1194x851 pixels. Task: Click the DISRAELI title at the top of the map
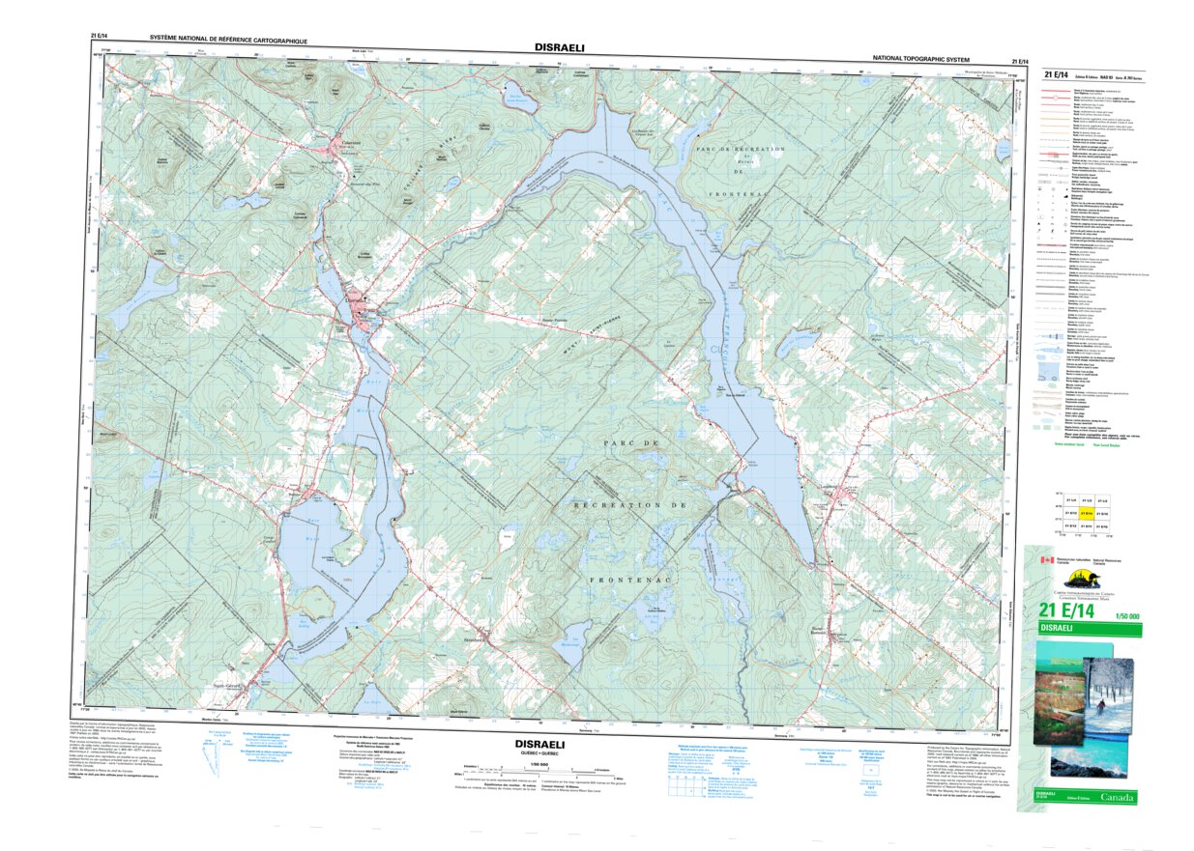(x=559, y=46)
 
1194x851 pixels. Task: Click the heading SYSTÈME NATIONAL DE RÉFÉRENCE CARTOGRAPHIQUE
(x=228, y=42)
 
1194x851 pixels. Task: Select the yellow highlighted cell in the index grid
(x=1086, y=513)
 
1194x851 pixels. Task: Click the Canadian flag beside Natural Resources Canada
(x=1044, y=560)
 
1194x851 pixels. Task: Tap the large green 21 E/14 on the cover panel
(x=1066, y=610)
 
